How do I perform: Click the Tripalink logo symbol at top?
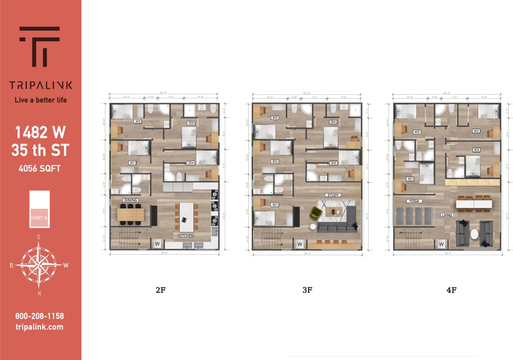[x=40, y=46]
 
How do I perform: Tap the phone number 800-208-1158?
[x=39, y=316]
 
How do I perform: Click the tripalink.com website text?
[x=39, y=327]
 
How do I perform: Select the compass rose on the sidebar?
[x=39, y=263]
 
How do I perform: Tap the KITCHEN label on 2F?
[x=186, y=236]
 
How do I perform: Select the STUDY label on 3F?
[x=333, y=195]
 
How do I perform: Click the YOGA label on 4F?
[x=414, y=201]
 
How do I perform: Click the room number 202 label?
[x=137, y=121]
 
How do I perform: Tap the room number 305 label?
[x=333, y=163]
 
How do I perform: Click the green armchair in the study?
[x=315, y=213]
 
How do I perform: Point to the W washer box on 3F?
[x=300, y=244]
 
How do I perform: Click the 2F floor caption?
[x=160, y=290]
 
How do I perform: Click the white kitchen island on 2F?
[x=187, y=217]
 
